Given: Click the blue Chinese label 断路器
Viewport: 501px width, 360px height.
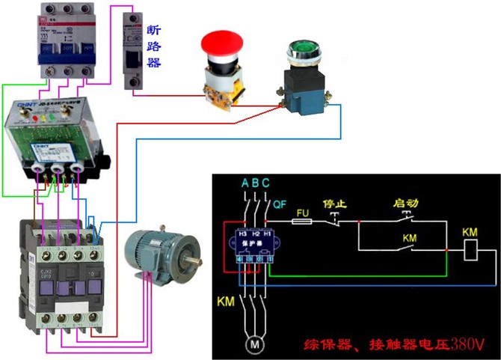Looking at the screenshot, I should (153, 46).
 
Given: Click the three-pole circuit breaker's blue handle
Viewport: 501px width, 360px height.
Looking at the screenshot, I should (56, 52).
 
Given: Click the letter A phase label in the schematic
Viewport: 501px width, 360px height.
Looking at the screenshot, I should (245, 183).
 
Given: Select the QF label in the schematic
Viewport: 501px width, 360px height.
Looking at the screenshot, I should (279, 203).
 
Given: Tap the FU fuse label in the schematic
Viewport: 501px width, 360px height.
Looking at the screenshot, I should (304, 213).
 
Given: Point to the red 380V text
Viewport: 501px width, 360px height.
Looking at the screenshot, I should (467, 344).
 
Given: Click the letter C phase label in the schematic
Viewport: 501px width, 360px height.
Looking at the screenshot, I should (266, 183).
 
